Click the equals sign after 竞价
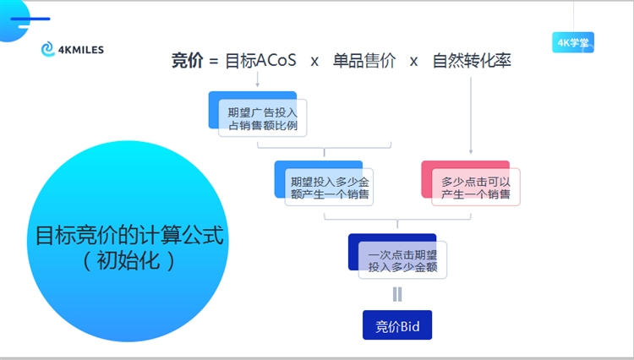(213, 62)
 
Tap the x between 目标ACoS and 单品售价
(314, 62)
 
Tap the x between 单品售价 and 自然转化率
(413, 62)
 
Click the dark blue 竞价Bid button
(397, 325)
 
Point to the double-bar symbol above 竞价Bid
(397, 294)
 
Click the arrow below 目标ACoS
(257, 80)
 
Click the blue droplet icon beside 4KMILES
(47, 50)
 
